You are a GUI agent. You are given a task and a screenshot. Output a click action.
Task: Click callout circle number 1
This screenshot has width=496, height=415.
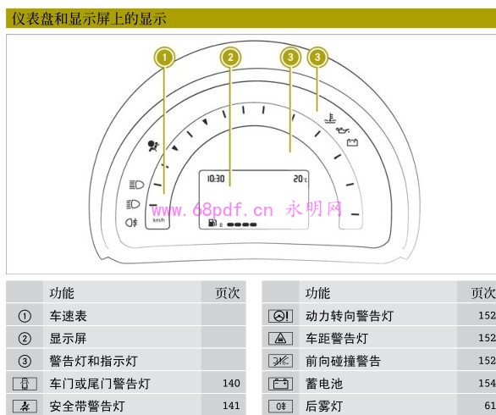(164, 58)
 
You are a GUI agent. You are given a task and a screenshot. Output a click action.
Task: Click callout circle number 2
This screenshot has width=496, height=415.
(230, 58)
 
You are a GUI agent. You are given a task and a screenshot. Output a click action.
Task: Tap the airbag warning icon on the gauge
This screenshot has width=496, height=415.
(154, 146)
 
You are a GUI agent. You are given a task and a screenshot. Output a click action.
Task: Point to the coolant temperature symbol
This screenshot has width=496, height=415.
(331, 119)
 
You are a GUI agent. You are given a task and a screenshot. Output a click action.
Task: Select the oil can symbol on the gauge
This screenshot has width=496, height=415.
(343, 130)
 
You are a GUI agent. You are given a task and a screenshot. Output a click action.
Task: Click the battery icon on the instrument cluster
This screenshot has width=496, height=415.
(352, 142)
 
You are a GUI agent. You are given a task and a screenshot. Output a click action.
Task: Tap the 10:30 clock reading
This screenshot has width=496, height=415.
(216, 179)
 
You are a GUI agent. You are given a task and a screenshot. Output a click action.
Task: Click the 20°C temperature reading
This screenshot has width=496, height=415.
(300, 179)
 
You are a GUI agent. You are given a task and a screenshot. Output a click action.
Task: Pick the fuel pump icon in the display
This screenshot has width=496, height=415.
(212, 223)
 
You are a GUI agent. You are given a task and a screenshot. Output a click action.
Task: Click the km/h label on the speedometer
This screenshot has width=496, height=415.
(158, 220)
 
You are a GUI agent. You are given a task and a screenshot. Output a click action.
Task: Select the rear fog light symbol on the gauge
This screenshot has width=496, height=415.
(131, 223)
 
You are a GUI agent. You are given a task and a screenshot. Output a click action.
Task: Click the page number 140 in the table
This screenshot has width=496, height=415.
(231, 384)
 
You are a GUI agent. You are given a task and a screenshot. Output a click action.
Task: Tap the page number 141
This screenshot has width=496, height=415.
(231, 406)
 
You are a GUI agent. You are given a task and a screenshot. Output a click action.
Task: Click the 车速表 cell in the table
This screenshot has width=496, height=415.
(68, 316)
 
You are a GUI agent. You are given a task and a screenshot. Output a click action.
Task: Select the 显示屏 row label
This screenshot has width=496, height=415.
(68, 339)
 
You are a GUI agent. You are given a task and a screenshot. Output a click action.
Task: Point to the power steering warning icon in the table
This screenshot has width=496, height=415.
(280, 316)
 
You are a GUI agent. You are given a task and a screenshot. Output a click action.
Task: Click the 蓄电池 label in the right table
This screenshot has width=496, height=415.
(324, 384)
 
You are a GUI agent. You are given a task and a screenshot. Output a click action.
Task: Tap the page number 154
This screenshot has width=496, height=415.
(488, 384)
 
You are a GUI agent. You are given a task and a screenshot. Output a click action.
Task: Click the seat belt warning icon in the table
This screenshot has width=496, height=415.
(25, 407)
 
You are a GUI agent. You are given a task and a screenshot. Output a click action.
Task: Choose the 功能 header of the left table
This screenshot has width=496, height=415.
(62, 293)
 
